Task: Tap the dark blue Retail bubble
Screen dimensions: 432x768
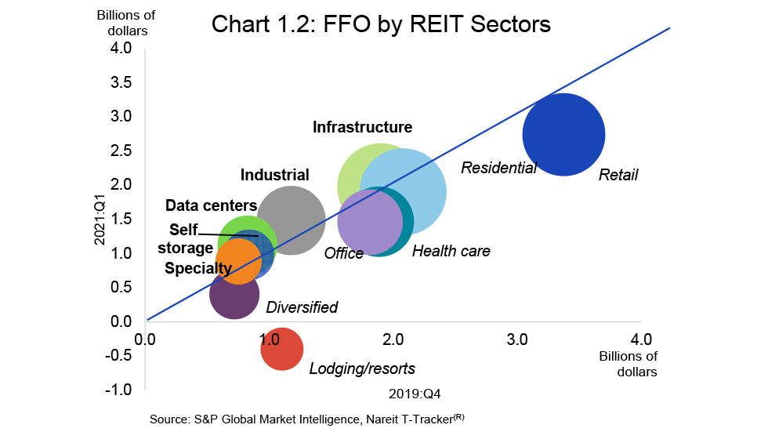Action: (x=563, y=135)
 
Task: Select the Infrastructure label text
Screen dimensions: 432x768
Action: (x=362, y=127)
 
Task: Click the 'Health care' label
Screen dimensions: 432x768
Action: (x=451, y=252)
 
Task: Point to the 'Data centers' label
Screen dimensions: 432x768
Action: (x=211, y=206)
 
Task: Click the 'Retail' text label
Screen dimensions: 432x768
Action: (x=618, y=175)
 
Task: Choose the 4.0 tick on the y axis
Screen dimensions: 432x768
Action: (x=120, y=48)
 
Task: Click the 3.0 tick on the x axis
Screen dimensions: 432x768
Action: (x=517, y=339)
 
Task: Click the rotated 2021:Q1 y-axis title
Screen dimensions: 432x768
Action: (x=100, y=223)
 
